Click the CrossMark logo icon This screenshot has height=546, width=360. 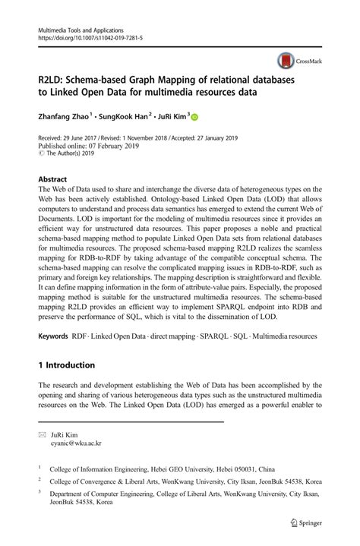(x=284, y=61)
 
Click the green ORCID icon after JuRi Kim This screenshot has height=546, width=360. (x=194, y=118)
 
